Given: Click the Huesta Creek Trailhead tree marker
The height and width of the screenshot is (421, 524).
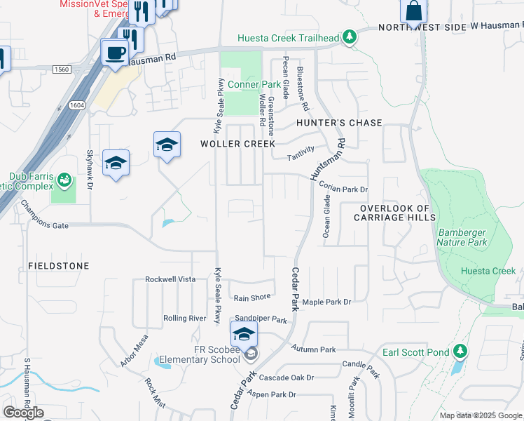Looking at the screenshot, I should coord(348,38).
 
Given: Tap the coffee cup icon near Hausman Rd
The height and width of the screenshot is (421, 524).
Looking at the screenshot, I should coord(115,51).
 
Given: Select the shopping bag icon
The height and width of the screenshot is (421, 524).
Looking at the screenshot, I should coord(413,11).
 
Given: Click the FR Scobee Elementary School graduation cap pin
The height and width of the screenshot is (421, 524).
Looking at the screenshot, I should coord(244,334).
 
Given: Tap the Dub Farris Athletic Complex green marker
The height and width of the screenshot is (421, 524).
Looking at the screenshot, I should coord(64,180).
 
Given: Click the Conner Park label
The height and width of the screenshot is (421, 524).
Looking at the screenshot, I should coord(244,84).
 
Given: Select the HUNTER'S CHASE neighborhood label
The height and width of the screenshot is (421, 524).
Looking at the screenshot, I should coord(339,123).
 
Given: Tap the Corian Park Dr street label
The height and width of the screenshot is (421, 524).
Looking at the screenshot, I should coord(343,188).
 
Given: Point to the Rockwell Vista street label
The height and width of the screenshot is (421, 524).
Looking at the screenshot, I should coord(170,279).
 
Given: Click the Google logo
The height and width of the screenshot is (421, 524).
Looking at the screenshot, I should coord(23,413).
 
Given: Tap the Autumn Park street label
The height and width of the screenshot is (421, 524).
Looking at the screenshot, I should coord(315,349).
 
